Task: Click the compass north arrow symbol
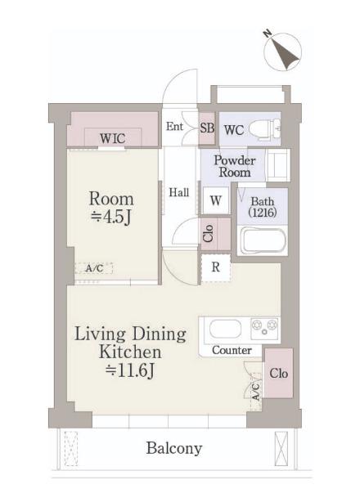282,51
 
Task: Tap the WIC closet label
113,138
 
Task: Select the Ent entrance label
174,126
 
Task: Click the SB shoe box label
207,128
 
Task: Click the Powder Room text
235,166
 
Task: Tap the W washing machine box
216,200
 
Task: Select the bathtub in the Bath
262,240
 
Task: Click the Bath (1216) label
263,207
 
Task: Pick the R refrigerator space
215,267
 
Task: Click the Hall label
179,192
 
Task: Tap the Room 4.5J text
111,208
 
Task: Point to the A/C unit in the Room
94,268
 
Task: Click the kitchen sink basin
225,329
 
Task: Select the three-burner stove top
264,329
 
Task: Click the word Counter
232,350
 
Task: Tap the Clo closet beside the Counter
279,374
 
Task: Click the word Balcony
174,448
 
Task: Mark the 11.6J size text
130,370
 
